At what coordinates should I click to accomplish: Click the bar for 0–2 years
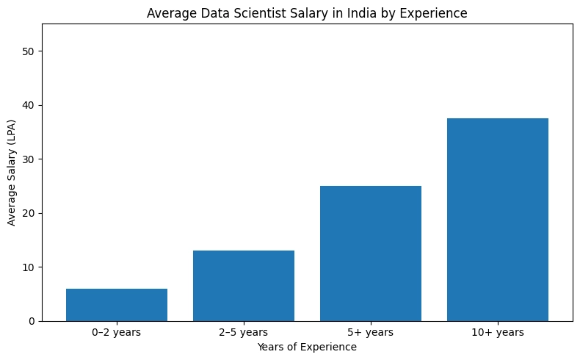117,305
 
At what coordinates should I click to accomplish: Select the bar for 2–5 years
244,286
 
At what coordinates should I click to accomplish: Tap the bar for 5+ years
371,253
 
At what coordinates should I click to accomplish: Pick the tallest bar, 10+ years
498,220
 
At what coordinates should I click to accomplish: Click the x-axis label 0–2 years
117,333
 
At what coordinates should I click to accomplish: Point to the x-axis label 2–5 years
244,333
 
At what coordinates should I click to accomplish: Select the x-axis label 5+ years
371,333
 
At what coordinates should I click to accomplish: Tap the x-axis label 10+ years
498,333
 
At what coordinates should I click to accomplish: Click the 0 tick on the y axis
32,321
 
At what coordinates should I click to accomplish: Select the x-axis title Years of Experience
307,347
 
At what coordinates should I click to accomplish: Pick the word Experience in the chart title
433,12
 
